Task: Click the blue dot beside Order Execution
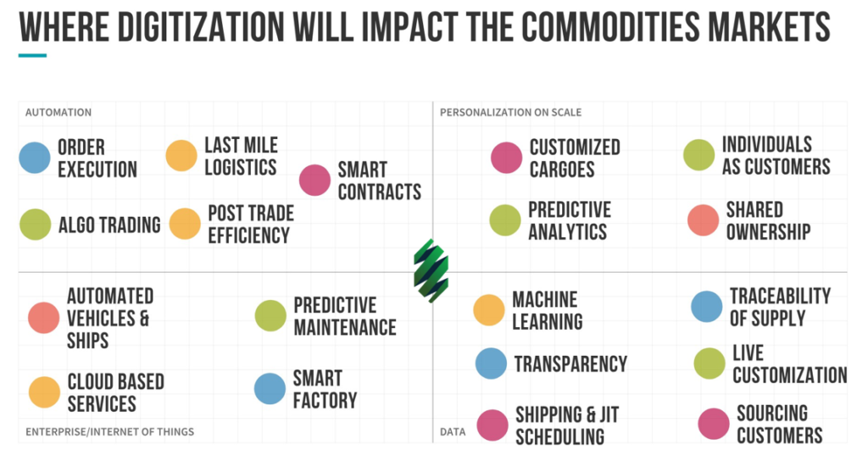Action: (x=35, y=158)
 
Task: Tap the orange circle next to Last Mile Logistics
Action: (x=181, y=155)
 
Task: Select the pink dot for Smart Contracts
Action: (x=315, y=180)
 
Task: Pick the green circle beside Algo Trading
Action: (x=36, y=224)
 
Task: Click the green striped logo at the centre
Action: (x=431, y=270)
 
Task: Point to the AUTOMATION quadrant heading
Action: (x=58, y=113)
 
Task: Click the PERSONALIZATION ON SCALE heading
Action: (x=510, y=113)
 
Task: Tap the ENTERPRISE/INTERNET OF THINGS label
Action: (x=109, y=431)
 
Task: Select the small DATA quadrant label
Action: (x=453, y=431)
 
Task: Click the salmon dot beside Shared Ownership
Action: (x=703, y=220)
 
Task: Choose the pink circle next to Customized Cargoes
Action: (x=507, y=158)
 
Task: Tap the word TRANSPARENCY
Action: (x=570, y=364)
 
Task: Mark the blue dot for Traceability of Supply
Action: (x=707, y=307)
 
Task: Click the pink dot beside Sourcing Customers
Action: (x=714, y=424)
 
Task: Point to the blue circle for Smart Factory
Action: (x=270, y=388)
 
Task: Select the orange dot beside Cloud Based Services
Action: (x=44, y=392)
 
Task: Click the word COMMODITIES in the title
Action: (x=610, y=26)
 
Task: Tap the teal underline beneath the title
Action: (x=32, y=55)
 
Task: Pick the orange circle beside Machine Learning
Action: (x=489, y=310)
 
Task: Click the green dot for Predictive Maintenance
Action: (x=270, y=315)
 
